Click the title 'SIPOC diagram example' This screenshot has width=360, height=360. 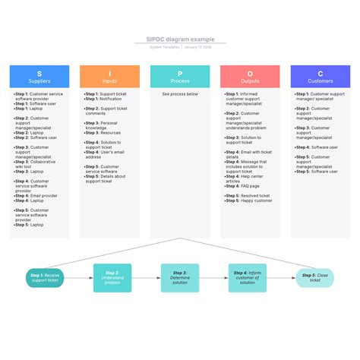tap(180, 39)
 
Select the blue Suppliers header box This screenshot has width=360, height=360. tap(39, 76)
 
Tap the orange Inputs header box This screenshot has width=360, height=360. tap(110, 76)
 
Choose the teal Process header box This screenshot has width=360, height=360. tap(180, 76)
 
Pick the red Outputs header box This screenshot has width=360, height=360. tap(250, 76)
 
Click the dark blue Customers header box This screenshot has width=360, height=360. tap(321, 76)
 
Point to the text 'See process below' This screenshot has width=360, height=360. tap(180, 94)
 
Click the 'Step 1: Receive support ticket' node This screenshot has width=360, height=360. tap(46, 278)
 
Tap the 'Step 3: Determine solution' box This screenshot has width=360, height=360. tap(180, 278)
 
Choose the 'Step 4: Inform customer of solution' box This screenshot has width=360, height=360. tap(248, 278)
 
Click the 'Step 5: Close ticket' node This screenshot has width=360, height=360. tap(314, 278)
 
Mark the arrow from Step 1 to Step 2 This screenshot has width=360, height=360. tap(79, 278)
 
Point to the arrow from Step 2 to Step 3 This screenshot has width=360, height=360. tap(146, 278)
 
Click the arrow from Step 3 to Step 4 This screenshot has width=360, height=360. tap(213, 278)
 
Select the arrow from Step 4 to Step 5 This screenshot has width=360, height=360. tap(281, 278)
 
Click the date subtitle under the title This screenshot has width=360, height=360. tap(180, 47)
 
